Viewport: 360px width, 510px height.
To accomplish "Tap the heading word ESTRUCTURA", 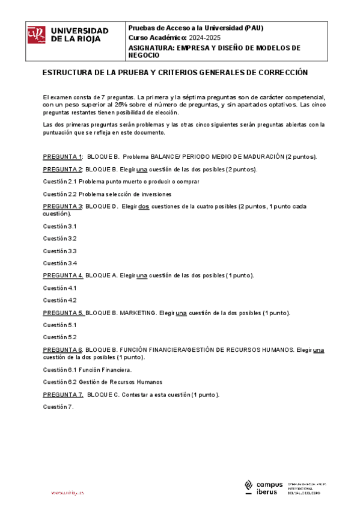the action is pos(69,72).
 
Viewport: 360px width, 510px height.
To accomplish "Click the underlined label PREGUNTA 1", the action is pos(63,156).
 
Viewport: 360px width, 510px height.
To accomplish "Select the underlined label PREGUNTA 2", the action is pos(63,169).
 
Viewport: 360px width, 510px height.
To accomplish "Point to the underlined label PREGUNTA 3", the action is pos(63,206).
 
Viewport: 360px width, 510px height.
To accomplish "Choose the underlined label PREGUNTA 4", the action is pos(63,275).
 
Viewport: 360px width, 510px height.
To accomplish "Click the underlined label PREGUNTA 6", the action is pos(63,350).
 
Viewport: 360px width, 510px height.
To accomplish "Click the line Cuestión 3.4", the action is pos(59,263).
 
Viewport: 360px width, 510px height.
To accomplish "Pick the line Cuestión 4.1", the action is pos(59,288).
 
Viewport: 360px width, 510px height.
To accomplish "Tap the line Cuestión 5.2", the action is pos(59,337).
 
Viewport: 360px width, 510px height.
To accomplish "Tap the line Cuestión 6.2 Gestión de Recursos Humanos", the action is pos(102,382).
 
